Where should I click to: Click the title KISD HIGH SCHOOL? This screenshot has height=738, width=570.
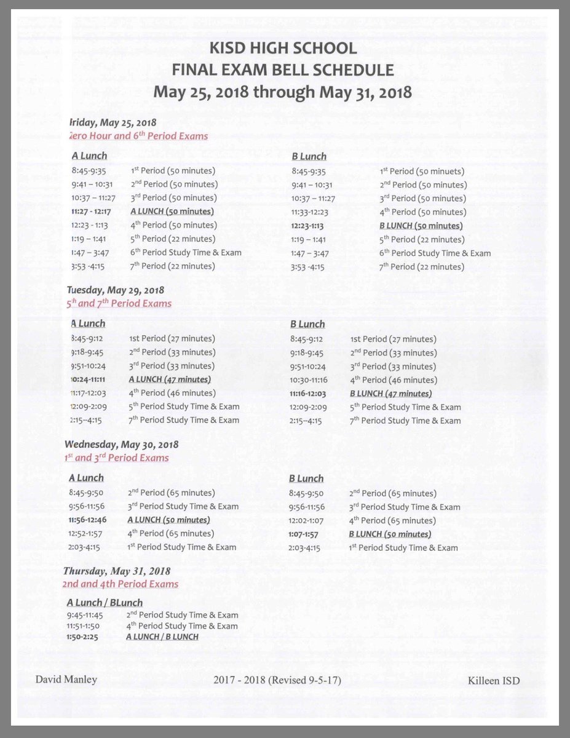pos(282,49)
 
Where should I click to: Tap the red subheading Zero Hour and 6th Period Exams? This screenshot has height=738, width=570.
pos(138,136)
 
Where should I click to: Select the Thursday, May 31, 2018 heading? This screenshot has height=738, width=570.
pos(116,571)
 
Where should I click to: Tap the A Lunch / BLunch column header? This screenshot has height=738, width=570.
pos(105,603)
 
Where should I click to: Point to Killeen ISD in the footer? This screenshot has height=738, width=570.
pos(494,680)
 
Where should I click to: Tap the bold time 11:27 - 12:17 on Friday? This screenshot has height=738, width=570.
pos(91,212)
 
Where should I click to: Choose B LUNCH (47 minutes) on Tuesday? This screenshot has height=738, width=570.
pos(390,394)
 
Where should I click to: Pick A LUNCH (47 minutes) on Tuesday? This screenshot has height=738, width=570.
pos(170,379)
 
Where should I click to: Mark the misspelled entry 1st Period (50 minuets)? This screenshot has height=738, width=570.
pos(422,172)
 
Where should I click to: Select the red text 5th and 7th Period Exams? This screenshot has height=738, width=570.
pos(119,303)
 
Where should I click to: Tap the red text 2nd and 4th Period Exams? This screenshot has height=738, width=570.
pos(121,584)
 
